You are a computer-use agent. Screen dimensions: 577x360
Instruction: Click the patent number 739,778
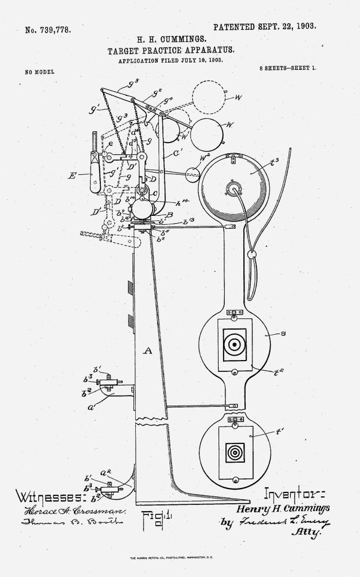[48, 30]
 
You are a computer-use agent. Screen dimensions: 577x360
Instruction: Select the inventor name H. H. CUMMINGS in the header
[172, 40]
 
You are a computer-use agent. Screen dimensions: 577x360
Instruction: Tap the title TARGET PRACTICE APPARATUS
[171, 50]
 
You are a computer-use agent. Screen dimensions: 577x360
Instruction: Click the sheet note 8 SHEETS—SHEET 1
[287, 68]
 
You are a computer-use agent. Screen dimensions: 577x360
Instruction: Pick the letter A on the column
[148, 350]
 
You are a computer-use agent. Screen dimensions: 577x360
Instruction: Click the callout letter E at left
[73, 175]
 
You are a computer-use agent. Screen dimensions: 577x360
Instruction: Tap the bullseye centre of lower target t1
[234, 452]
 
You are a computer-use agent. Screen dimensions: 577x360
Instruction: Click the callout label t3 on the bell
[275, 163]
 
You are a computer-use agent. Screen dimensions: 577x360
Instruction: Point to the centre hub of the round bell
[233, 188]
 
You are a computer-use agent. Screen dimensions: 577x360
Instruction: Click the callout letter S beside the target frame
[283, 334]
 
